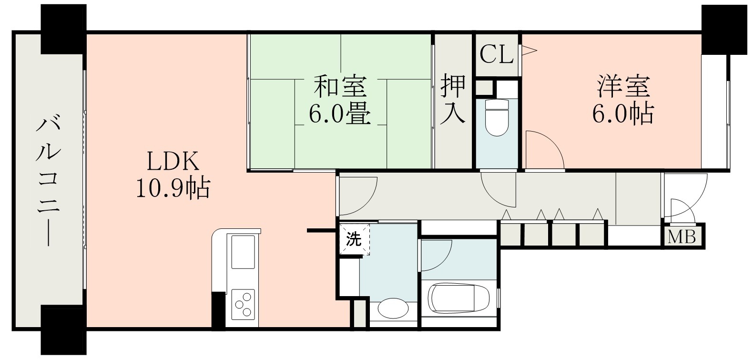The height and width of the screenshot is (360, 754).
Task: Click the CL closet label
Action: click(496, 54)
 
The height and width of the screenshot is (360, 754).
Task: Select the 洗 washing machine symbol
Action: click(354, 239)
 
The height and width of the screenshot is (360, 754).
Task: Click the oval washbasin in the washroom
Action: click(393, 309)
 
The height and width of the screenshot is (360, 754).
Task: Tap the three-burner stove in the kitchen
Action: click(244, 303)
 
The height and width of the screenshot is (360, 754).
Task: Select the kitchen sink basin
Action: click(244, 253)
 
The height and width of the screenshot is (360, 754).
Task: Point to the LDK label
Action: click(173, 163)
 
